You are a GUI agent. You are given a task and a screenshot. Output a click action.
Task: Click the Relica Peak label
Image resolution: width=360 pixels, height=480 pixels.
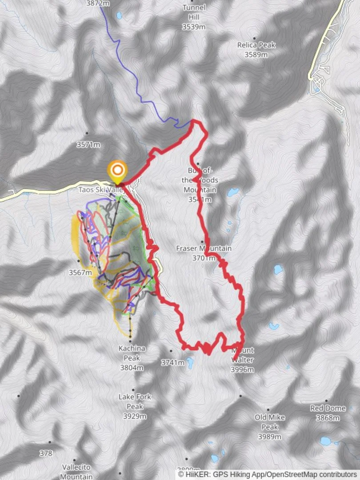[256, 45]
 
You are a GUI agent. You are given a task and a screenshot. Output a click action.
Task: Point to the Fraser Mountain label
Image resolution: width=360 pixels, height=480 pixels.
[204, 248]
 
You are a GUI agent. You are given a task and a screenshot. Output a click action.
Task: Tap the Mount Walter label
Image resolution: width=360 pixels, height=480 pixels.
[242, 354]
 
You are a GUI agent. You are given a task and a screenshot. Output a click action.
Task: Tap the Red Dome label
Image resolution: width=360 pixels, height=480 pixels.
[328, 408]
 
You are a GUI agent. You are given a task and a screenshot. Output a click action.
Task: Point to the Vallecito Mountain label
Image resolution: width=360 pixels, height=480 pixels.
[76, 472]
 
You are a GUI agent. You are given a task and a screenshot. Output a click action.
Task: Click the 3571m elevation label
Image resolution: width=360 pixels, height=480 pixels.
[88, 145]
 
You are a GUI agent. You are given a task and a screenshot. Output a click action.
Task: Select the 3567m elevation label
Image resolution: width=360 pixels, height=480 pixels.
[80, 272]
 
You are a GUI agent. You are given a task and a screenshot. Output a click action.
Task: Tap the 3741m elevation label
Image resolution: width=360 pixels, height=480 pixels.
[172, 363]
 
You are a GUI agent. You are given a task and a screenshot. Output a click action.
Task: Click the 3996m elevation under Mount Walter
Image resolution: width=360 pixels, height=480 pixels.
[242, 369]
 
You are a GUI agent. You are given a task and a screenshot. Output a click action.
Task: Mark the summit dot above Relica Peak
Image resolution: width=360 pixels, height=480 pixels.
[255, 38]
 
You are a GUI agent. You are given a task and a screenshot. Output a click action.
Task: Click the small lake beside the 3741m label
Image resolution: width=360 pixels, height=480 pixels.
[190, 363]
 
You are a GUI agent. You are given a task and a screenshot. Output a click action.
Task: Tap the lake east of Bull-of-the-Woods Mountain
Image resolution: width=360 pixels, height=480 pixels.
[232, 192]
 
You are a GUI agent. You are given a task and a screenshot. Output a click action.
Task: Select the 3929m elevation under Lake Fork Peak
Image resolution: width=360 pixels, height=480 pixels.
[135, 416]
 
